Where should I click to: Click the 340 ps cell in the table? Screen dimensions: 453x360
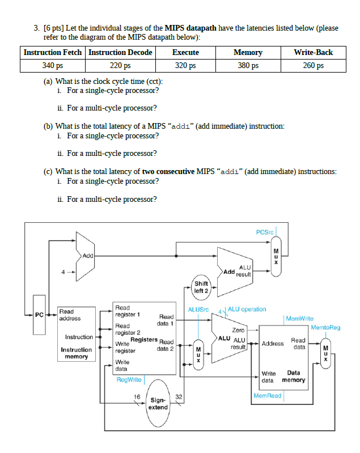point(53,65)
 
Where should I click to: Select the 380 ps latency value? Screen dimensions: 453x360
point(248,65)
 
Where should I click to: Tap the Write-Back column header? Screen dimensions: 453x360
point(313,52)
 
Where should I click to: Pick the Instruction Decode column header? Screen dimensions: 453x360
point(120,52)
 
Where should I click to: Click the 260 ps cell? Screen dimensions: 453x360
point(313,65)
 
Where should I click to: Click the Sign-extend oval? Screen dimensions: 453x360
point(158,404)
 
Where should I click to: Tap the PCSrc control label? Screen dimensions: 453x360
point(265,232)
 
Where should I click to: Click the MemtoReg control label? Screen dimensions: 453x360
point(325,327)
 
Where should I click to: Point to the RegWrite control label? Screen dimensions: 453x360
point(129,379)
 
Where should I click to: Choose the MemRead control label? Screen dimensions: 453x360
point(267,395)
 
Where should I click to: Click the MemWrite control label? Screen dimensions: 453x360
point(300,319)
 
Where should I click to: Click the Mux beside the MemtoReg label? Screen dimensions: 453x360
point(325,352)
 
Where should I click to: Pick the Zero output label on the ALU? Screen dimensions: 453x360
point(238,329)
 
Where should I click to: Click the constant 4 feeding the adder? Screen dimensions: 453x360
point(63,272)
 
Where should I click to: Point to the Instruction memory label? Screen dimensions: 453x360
point(77,353)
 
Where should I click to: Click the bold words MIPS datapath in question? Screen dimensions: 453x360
point(191,27)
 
